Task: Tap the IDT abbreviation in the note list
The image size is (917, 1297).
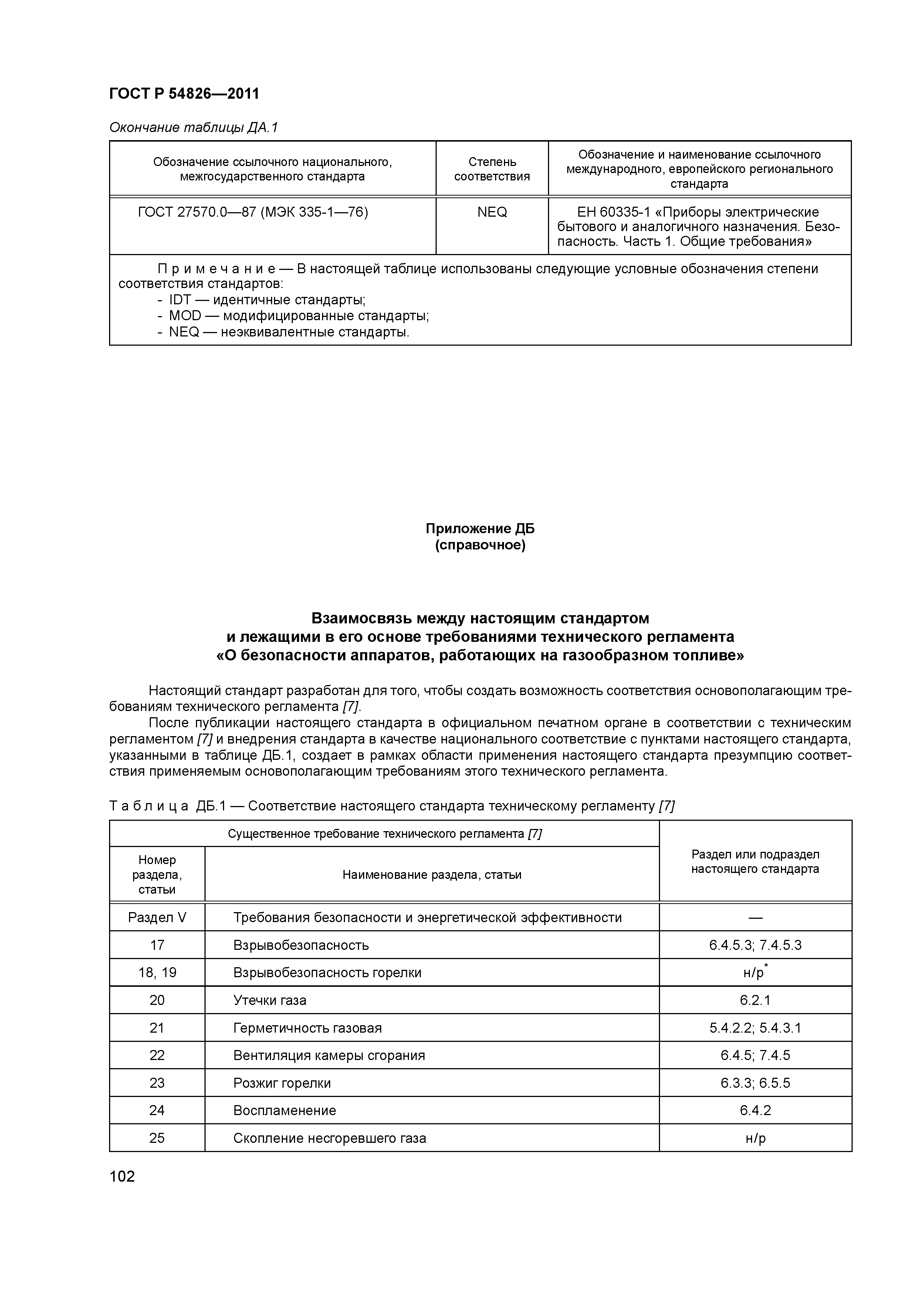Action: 180,300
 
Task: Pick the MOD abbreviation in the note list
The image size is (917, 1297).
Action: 185,316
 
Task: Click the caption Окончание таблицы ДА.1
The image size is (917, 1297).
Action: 194,128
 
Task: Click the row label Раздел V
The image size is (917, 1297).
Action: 157,917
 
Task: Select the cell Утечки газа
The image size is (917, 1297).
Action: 270,1000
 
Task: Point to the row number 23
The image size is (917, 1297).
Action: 157,1083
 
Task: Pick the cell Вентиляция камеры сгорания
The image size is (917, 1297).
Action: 329,1055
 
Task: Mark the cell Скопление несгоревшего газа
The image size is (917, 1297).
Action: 329,1138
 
